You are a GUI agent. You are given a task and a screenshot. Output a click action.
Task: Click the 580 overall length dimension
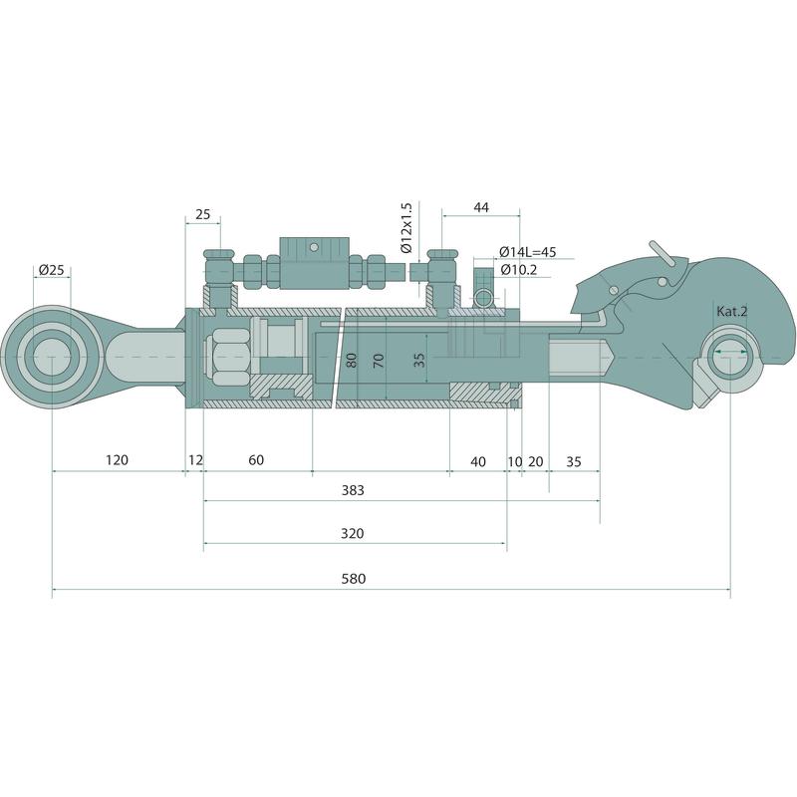point(353,579)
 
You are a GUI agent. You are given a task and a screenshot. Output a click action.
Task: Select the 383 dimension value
point(353,490)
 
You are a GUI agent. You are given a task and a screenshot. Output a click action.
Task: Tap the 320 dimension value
point(352,533)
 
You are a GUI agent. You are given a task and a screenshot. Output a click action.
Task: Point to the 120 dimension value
point(117,459)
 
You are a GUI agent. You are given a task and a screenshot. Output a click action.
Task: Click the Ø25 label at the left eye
point(51,270)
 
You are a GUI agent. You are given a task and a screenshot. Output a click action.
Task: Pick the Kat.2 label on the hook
point(732,312)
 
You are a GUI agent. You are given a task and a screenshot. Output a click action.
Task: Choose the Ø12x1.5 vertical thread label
point(405,228)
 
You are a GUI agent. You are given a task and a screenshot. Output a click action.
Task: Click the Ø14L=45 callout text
point(527,251)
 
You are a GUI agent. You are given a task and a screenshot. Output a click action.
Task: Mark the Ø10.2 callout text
point(520,269)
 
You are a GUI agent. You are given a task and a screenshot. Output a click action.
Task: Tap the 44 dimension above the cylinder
point(481,207)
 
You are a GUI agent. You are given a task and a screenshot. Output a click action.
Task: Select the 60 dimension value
point(256,459)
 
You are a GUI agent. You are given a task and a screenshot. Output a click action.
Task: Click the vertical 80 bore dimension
point(351,360)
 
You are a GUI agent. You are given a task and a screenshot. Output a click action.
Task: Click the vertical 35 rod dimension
point(419,360)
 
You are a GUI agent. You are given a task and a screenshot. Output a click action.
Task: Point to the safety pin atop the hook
point(664,255)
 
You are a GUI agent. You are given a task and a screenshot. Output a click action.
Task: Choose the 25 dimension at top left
point(203,214)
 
